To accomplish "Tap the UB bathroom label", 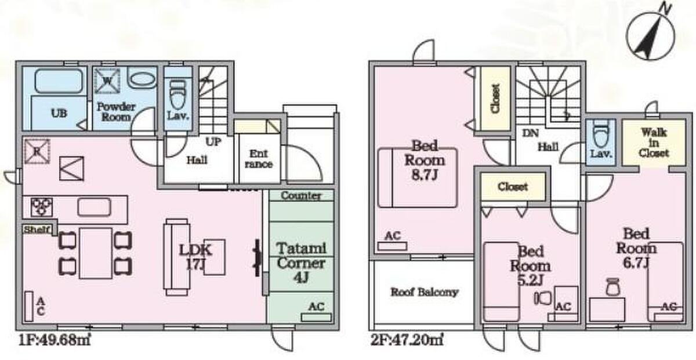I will click(58, 113).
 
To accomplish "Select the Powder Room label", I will click(116, 111).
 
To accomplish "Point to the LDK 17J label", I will click(196, 257).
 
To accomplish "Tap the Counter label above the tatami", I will click(301, 196).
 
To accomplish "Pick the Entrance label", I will click(258, 159).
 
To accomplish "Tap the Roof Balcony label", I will click(425, 292).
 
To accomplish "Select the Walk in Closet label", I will click(654, 143).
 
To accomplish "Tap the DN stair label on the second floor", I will click(530, 133).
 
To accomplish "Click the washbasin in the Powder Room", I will click(142, 79).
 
